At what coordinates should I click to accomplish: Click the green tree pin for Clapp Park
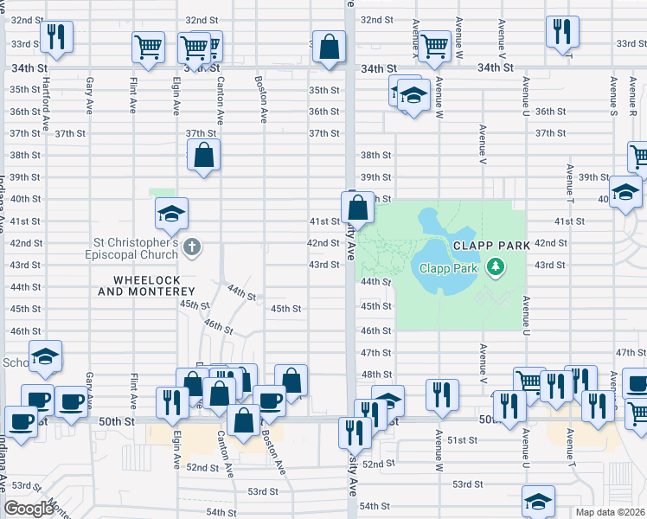pos(495,268)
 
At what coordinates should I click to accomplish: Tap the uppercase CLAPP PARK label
pos(490,247)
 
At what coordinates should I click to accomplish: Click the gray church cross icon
pos(192,249)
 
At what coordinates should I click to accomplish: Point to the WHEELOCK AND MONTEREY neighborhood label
pos(153,285)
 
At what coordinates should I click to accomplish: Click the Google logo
pos(29,509)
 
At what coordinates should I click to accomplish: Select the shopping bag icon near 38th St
pos(203,157)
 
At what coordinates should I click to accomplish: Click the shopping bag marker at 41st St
pos(357,208)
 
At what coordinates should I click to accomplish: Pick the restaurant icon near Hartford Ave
pos(56,37)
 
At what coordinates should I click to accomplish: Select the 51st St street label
pos(462,440)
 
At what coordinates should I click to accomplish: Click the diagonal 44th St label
pos(242,293)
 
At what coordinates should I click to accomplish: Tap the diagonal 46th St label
pos(218,326)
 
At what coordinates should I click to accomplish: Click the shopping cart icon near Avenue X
pos(434,47)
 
